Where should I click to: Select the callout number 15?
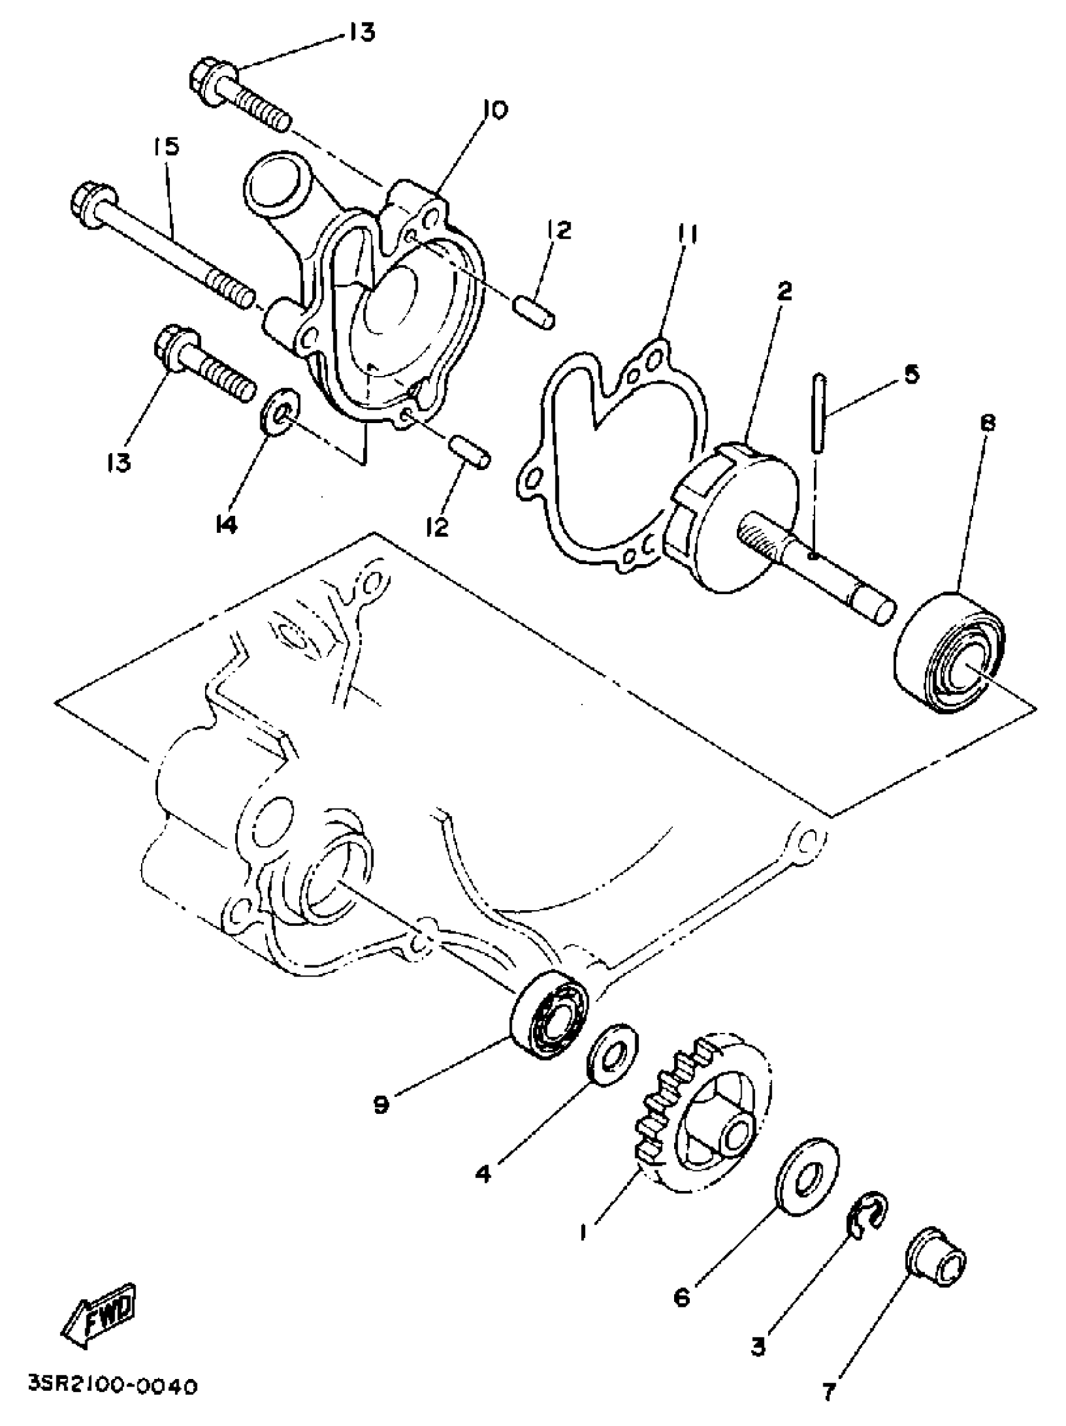click(x=166, y=148)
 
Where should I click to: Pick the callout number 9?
click(x=381, y=1104)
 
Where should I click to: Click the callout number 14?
click(x=226, y=525)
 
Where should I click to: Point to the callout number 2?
click(x=784, y=291)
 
